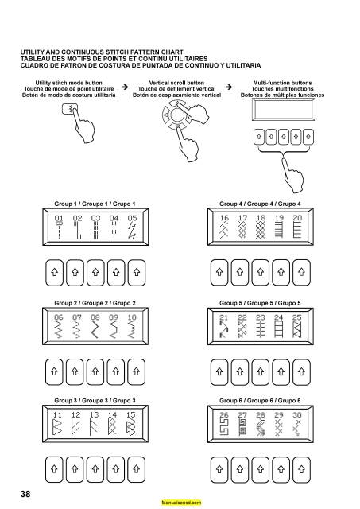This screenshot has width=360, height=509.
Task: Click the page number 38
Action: tap(26, 494)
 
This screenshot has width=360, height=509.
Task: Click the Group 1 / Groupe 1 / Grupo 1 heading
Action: tap(95, 204)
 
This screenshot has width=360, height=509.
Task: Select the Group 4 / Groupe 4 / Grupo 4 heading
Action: tap(260, 204)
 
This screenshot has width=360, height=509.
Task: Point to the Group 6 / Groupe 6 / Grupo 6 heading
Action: tap(260, 399)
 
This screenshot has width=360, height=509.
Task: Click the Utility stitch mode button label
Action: tap(69, 83)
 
